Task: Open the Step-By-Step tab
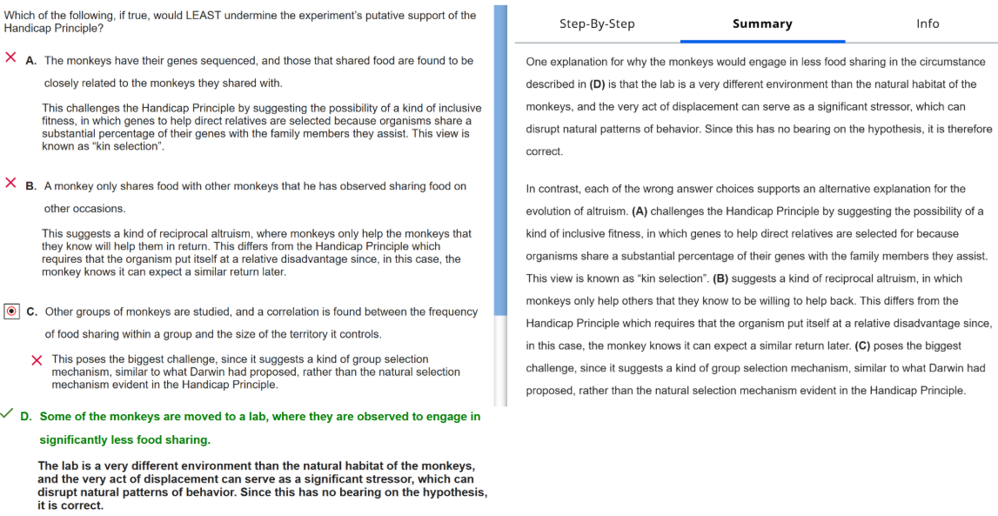click(597, 23)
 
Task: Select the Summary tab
click(762, 23)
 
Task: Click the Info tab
click(928, 23)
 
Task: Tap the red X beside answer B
click(10, 183)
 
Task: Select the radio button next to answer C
click(11, 311)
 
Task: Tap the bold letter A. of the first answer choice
click(30, 61)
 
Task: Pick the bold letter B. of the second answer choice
click(30, 186)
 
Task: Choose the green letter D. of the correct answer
click(25, 417)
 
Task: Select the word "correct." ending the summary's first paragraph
click(545, 151)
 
